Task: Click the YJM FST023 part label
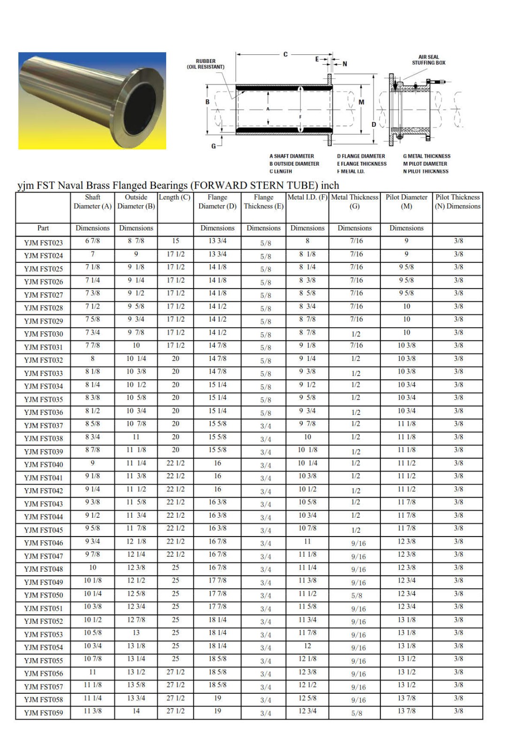43,243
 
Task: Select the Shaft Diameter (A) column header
92,202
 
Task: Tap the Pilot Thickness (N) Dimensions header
457,202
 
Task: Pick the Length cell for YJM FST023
176,241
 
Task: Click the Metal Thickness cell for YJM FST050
356,596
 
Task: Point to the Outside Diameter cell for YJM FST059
136,711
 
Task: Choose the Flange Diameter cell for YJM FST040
217,463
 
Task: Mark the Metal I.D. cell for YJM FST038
308,437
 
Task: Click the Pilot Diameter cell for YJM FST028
407,307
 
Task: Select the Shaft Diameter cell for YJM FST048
92,567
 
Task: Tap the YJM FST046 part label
43,543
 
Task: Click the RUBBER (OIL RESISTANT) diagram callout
206,64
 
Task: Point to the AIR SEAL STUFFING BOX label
428,60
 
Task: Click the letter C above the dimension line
285,54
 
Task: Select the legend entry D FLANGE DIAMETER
361,156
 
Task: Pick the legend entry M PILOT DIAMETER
425,164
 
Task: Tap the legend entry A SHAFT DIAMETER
292,156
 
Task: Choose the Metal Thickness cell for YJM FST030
356,334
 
